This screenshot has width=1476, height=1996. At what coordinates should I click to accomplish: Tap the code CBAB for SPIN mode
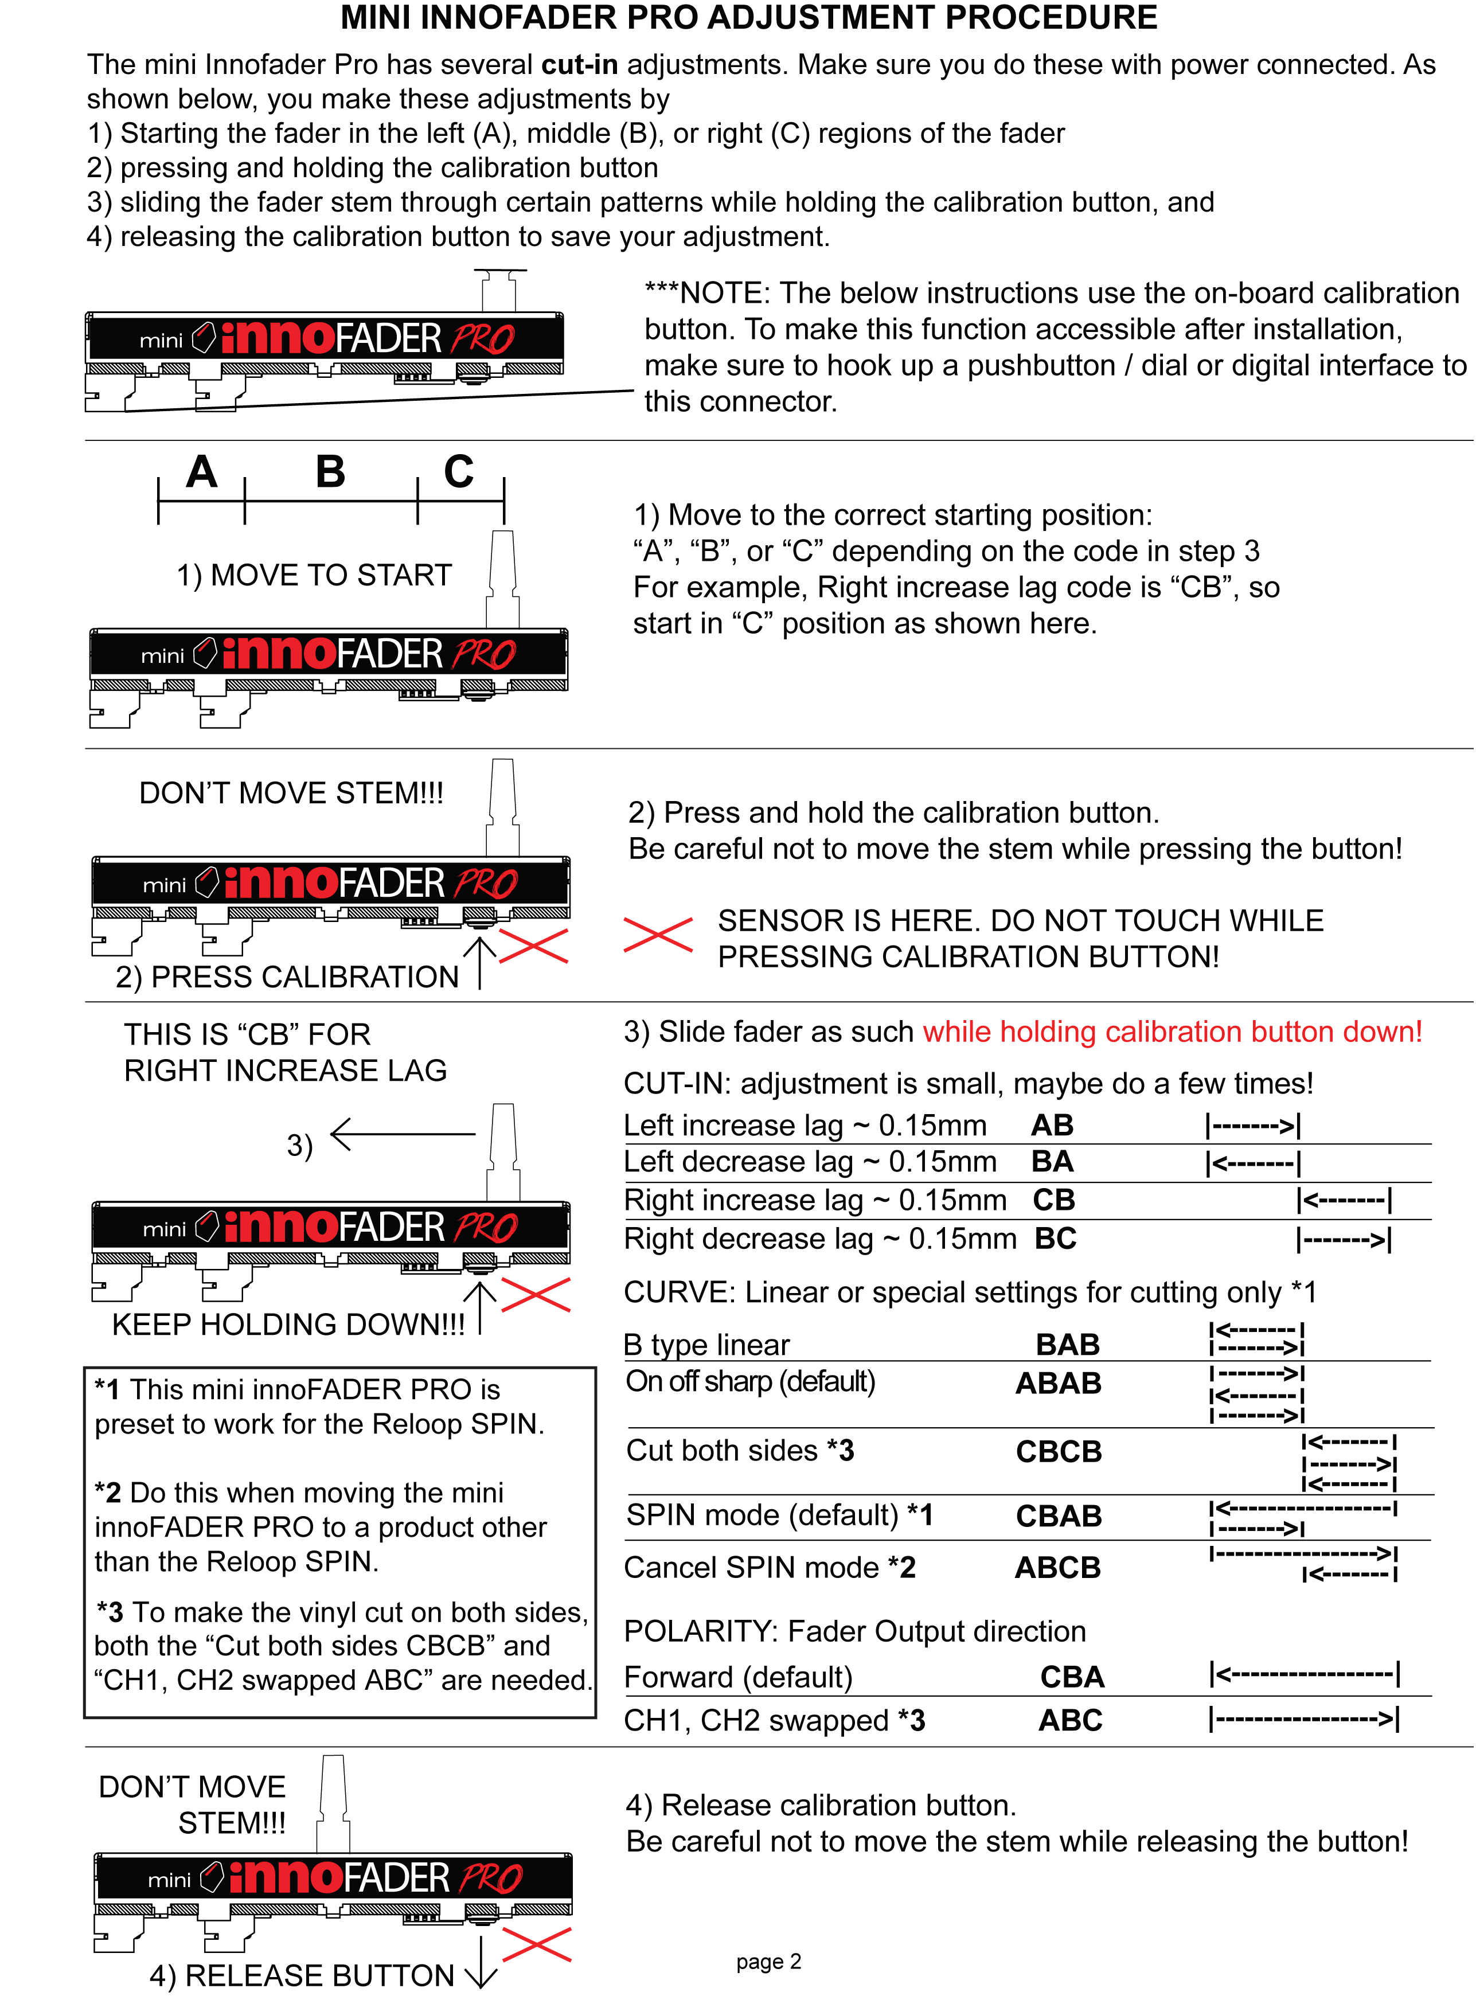click(1058, 1515)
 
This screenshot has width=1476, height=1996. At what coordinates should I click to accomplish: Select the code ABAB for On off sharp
click(1058, 1382)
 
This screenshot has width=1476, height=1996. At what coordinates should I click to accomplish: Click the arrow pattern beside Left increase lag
click(1254, 1126)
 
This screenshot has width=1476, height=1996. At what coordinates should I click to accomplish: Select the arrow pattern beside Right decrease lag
click(1344, 1239)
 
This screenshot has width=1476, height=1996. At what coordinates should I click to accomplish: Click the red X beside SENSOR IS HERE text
click(658, 935)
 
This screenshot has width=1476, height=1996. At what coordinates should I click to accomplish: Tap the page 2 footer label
click(768, 1961)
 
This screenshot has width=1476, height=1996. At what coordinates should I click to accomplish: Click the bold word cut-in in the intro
click(580, 64)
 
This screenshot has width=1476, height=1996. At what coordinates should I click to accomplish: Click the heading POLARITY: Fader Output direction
click(854, 1631)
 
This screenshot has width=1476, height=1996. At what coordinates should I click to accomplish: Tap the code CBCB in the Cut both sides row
click(1058, 1451)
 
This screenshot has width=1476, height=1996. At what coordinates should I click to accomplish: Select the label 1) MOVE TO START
click(314, 575)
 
